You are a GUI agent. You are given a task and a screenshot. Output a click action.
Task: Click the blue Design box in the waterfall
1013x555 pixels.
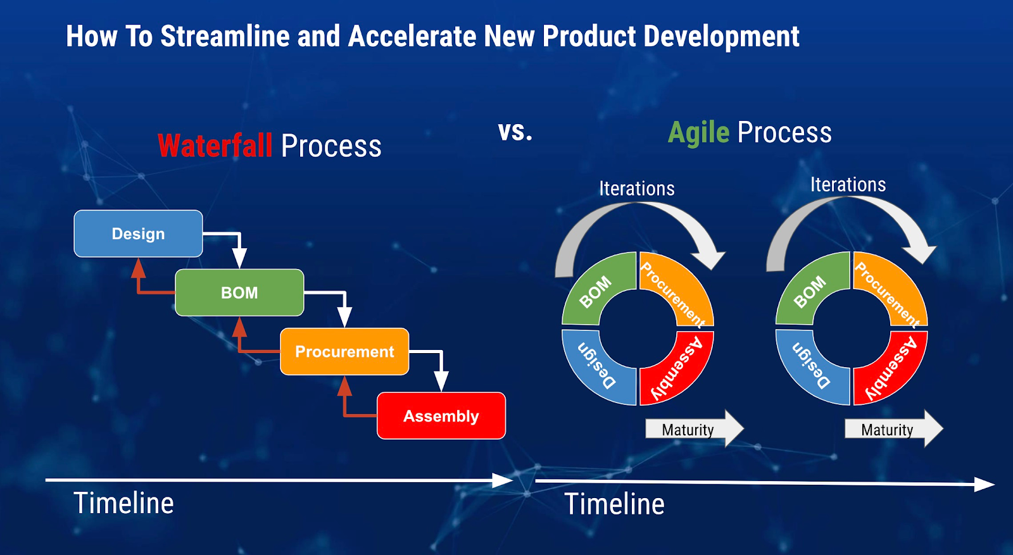pyautogui.click(x=138, y=234)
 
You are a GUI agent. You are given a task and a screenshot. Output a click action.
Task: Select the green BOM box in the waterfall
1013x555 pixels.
pyautogui.click(x=239, y=292)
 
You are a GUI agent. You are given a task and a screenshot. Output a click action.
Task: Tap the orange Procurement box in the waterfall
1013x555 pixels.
pyautogui.click(x=344, y=351)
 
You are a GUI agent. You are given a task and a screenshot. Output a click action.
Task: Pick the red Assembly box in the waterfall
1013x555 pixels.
pyautogui.click(x=441, y=416)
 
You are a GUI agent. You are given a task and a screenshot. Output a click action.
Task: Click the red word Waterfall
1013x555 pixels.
pyautogui.click(x=215, y=146)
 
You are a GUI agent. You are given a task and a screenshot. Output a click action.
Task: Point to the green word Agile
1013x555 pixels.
pyautogui.click(x=699, y=133)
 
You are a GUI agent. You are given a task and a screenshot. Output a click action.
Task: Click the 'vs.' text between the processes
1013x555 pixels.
pyautogui.click(x=515, y=132)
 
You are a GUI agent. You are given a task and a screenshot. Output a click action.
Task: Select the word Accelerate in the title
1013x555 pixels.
pyautogui.click(x=412, y=37)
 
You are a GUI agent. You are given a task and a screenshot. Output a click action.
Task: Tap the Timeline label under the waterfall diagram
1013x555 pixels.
pyautogui.click(x=123, y=503)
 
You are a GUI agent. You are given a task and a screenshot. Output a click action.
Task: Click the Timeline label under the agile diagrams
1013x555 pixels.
pyautogui.click(x=614, y=504)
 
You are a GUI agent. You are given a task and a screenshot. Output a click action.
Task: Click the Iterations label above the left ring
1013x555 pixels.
pyautogui.click(x=636, y=189)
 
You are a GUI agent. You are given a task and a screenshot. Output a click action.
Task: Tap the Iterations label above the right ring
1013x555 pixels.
pyautogui.click(x=848, y=185)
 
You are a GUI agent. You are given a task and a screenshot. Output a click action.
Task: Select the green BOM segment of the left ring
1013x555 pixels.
pyautogui.click(x=595, y=288)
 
